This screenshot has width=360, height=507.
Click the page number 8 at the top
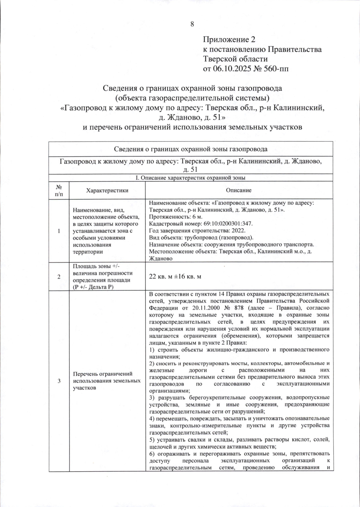coord(192,24)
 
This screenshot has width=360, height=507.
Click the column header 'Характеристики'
coord(107,190)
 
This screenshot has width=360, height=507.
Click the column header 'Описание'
coord(239,190)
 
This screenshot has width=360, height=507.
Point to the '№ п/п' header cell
coord(59,190)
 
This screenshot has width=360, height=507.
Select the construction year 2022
coord(239,231)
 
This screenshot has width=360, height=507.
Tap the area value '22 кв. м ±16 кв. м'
coord(175,277)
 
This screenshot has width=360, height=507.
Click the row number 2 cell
coord(59,277)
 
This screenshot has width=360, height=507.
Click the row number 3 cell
coord(59,381)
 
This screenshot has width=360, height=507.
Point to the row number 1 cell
coord(59,231)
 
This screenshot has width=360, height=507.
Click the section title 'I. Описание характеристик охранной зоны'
coord(190,178)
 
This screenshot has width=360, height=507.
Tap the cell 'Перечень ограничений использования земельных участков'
coord(107,381)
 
